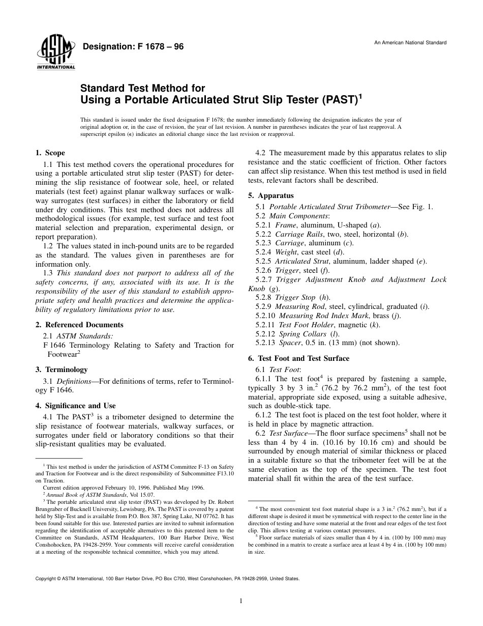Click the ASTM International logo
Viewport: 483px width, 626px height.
[55, 53]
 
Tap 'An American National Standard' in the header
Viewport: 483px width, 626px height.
[410, 43]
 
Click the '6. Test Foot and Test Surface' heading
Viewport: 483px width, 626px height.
[298, 358]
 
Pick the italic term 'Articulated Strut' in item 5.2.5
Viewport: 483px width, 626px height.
[301, 262]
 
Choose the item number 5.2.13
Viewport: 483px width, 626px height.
[265, 343]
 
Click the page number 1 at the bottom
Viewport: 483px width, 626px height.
[241, 601]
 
